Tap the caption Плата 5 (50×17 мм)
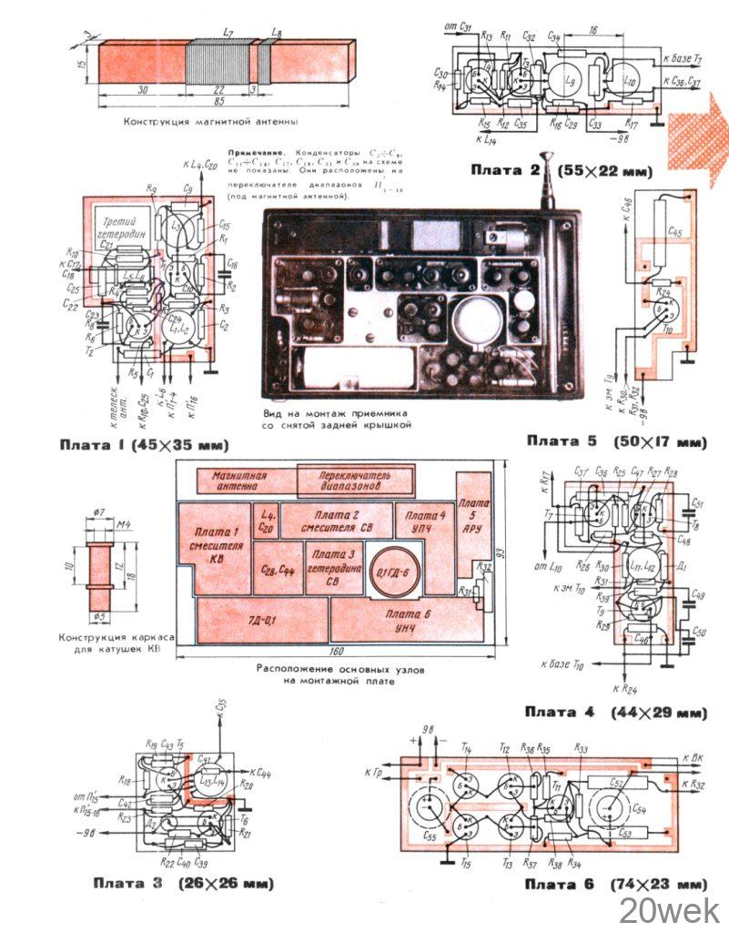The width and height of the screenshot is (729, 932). point(616,441)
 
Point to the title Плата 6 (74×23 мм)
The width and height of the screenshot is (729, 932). point(615,884)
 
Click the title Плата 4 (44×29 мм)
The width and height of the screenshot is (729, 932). point(615,712)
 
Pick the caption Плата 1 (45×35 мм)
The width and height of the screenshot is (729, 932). point(143,445)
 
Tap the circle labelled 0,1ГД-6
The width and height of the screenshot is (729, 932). point(393,571)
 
